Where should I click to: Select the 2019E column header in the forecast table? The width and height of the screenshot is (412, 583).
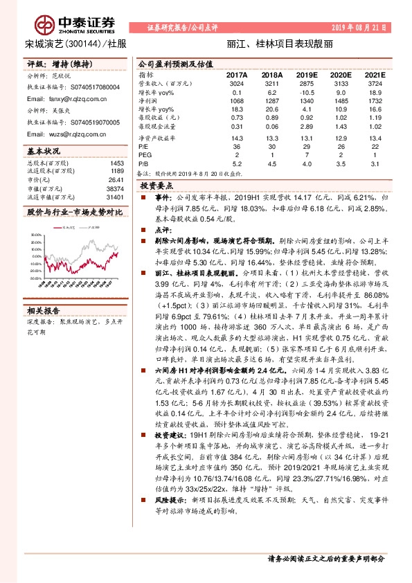coord(307,73)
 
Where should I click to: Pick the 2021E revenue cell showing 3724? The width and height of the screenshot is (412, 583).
coord(375,82)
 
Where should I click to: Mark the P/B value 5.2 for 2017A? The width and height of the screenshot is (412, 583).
coord(238,163)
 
